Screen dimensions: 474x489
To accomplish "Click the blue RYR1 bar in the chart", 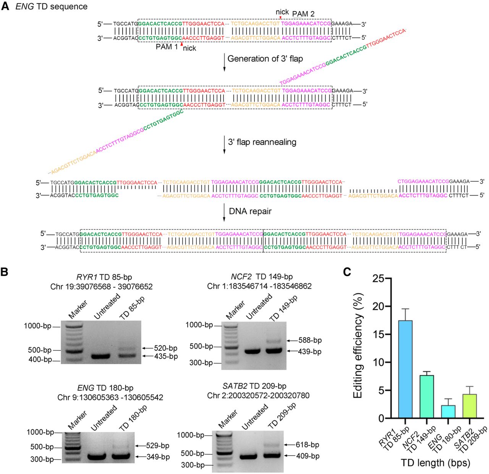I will (x=405, y=369).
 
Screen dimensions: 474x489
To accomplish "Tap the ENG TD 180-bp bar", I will (x=448, y=412).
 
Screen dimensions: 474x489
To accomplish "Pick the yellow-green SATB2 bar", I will (x=469, y=406).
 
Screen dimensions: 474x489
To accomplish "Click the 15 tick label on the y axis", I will (x=378, y=334).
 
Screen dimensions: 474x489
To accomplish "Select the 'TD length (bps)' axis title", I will (x=435, y=463).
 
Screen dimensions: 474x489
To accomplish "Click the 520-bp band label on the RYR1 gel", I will (x=165, y=348).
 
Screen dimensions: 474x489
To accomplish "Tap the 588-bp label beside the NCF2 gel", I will (x=310, y=340).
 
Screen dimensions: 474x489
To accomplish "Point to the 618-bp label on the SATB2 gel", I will (x=307, y=445).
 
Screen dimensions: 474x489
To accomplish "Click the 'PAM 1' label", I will (x=167, y=47).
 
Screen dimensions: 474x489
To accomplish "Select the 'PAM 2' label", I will (x=303, y=14).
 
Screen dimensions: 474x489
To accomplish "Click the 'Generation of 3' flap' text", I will (x=265, y=59).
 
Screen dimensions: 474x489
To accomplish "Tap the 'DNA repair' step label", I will (x=250, y=211).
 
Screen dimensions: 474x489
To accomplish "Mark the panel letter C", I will (x=347, y=272).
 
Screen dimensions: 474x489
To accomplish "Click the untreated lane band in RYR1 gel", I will (x=101, y=356).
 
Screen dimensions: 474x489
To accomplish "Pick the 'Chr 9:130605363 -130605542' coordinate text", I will (x=110, y=397).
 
